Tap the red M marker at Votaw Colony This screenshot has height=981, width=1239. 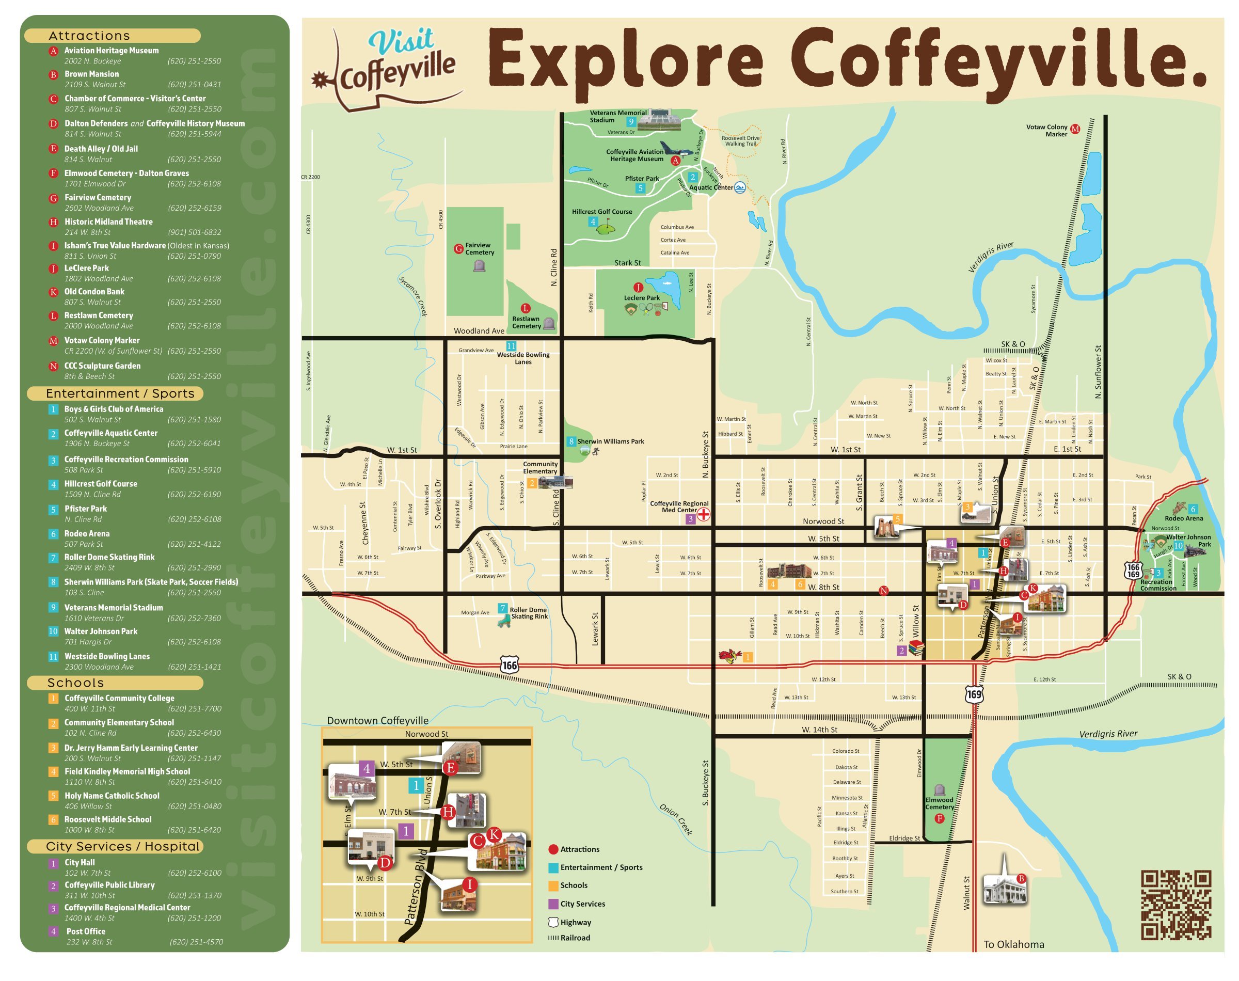(1075, 129)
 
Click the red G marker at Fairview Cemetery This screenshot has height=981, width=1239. (458, 249)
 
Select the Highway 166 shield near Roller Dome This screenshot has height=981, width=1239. (509, 665)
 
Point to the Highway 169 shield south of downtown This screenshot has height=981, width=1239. (974, 694)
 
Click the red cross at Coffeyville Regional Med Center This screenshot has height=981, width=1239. (703, 514)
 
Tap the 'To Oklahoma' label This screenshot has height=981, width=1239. (1013, 944)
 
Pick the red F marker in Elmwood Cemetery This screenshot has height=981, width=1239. (939, 818)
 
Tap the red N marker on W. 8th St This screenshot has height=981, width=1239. (883, 591)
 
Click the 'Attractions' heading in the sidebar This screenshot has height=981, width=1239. (89, 36)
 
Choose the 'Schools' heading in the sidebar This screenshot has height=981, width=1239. (75, 683)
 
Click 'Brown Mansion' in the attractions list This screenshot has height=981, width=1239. (91, 74)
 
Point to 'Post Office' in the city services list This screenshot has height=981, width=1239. (86, 931)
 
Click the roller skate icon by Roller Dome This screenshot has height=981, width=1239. (504, 622)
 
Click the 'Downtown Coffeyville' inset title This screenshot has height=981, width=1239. (377, 721)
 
